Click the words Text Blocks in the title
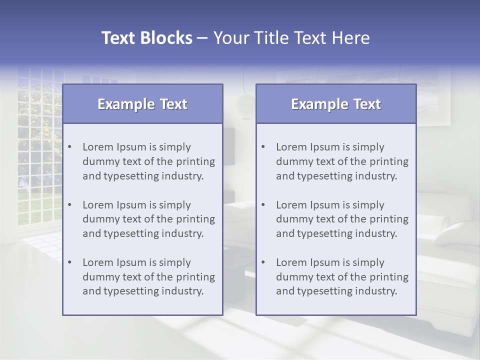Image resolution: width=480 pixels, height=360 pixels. click(x=146, y=38)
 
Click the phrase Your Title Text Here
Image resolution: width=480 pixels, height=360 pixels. click(x=291, y=38)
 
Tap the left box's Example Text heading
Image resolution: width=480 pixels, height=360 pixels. click(x=142, y=104)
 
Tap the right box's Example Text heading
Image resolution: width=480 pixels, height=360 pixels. click(x=336, y=104)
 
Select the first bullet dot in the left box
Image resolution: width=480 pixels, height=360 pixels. click(x=70, y=147)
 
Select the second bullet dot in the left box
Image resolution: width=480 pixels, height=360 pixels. click(x=70, y=205)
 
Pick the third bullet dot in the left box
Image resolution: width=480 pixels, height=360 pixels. click(x=70, y=262)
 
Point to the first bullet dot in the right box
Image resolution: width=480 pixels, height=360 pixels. click(x=263, y=147)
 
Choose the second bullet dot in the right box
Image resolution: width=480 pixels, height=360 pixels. click(x=263, y=205)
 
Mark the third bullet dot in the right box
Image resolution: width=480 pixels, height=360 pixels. click(x=263, y=262)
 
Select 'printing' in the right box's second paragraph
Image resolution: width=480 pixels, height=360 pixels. click(x=390, y=219)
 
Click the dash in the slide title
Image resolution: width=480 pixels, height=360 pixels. click(x=202, y=38)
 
